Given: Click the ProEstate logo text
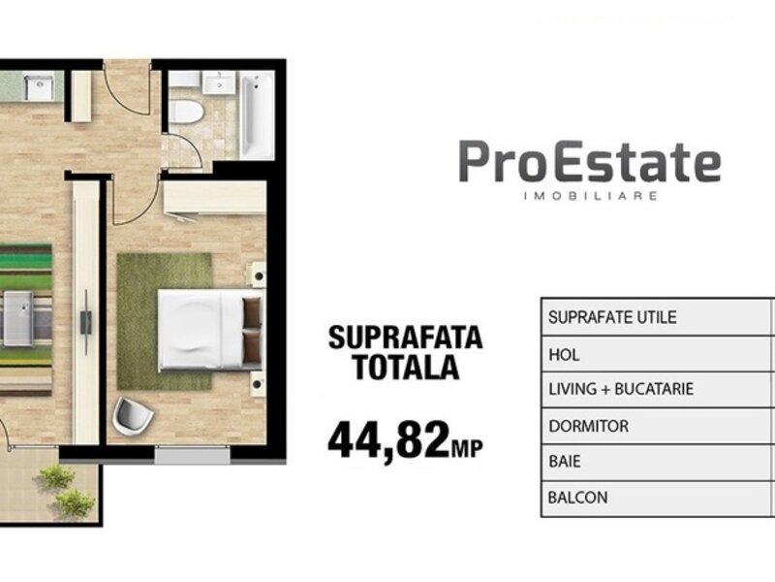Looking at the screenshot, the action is click(590, 161).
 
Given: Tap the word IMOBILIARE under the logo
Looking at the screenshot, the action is click(590, 196).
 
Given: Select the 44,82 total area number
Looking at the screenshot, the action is click(389, 439).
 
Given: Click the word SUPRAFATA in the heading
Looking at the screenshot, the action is click(405, 338).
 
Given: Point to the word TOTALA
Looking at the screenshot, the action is click(406, 367).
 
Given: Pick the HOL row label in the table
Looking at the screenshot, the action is click(564, 354).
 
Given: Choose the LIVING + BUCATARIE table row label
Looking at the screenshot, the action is click(621, 389).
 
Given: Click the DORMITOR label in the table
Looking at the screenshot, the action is click(588, 426).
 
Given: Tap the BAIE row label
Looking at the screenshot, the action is click(565, 462).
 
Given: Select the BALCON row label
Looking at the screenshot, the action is click(577, 498).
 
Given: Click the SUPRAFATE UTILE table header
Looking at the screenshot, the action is click(612, 317).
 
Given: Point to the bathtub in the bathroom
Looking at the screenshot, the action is click(257, 114).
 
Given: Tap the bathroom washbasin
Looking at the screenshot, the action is click(219, 81).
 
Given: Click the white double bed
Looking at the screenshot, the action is click(210, 330).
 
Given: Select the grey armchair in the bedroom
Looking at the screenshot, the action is click(133, 416).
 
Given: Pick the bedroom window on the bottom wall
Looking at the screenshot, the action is click(192, 455).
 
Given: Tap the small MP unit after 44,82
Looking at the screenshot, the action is click(467, 448).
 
